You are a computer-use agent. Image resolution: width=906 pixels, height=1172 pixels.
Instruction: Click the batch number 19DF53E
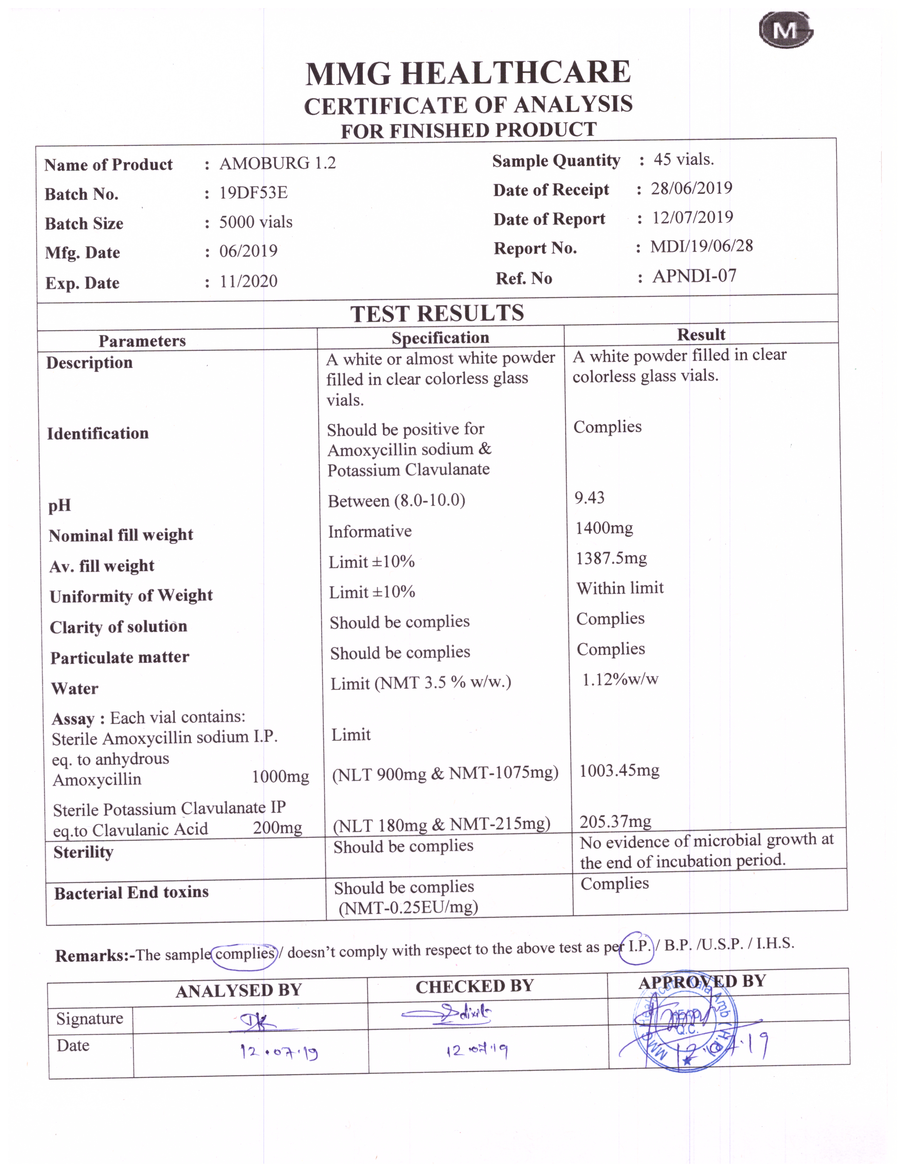click(x=253, y=192)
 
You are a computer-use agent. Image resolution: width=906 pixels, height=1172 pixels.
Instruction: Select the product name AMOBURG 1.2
click(x=277, y=163)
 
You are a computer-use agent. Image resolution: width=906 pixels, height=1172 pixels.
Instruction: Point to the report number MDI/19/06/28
click(x=701, y=246)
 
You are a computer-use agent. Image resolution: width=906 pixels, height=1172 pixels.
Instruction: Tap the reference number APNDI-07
click(x=695, y=276)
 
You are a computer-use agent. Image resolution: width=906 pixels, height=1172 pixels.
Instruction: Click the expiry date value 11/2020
click(x=248, y=281)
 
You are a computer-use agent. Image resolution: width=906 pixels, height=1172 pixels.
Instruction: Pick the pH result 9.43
click(x=589, y=498)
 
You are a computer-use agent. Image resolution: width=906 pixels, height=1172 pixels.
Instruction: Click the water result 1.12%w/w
click(x=620, y=679)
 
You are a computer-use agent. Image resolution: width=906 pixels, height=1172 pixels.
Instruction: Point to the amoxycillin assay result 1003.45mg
click(x=619, y=771)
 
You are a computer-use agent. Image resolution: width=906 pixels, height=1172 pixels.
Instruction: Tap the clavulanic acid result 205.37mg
click(x=615, y=821)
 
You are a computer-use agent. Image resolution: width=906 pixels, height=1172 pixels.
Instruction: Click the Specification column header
click(x=440, y=337)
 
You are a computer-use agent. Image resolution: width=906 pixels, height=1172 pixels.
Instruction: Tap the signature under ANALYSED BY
click(x=260, y=1022)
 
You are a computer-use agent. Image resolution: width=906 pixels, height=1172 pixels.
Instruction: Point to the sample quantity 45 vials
click(x=683, y=159)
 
